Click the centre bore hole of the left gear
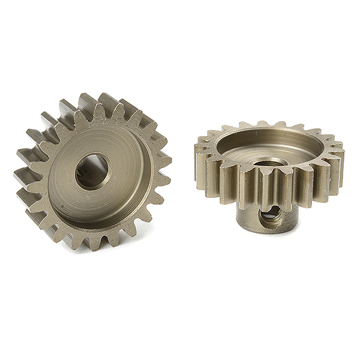coord(93,171)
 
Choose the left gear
coord(93,171)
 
